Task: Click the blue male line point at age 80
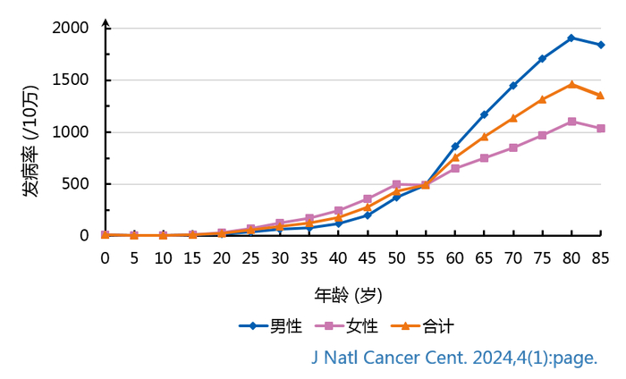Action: tap(571, 38)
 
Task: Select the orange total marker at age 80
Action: tap(571, 85)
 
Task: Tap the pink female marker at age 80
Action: tap(571, 122)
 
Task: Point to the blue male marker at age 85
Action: tap(600, 45)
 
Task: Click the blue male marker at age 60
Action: tap(454, 146)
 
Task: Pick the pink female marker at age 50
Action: tap(396, 184)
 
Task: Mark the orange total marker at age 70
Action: tap(512, 118)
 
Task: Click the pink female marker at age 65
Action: tap(484, 158)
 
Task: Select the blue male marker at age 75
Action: tap(542, 59)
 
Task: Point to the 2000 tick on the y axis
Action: tap(71, 29)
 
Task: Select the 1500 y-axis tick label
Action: tap(71, 80)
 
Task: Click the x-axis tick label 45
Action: tap(367, 258)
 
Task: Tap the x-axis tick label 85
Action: tap(600, 258)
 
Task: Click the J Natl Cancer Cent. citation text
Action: tap(453, 358)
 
